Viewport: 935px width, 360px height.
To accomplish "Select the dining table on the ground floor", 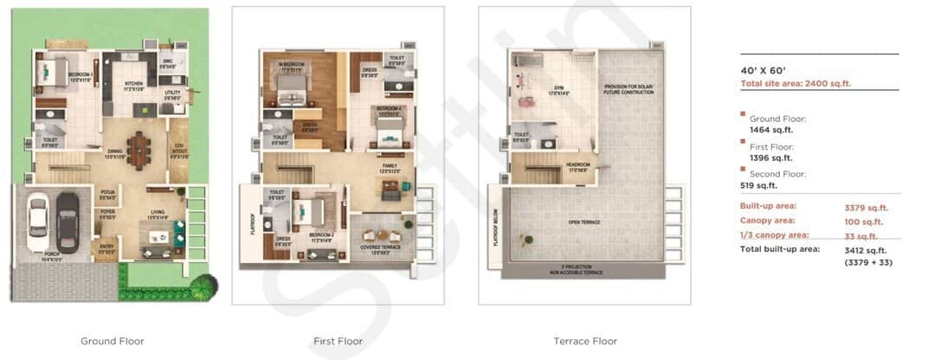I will pos(138,149).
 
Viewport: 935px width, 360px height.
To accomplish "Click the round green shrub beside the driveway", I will pos(205,285).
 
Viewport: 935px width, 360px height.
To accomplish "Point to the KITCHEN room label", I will pos(134,84).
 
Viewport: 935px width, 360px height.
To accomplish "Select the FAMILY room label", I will pos(377,165).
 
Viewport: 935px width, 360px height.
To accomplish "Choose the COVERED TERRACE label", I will pos(378,248).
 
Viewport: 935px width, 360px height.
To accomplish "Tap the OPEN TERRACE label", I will pos(585,222).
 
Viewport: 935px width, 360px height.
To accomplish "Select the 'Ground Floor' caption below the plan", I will pos(113,342).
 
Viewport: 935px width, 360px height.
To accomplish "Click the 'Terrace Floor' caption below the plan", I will pos(585,342).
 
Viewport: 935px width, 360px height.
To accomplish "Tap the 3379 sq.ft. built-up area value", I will pos(867,208).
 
